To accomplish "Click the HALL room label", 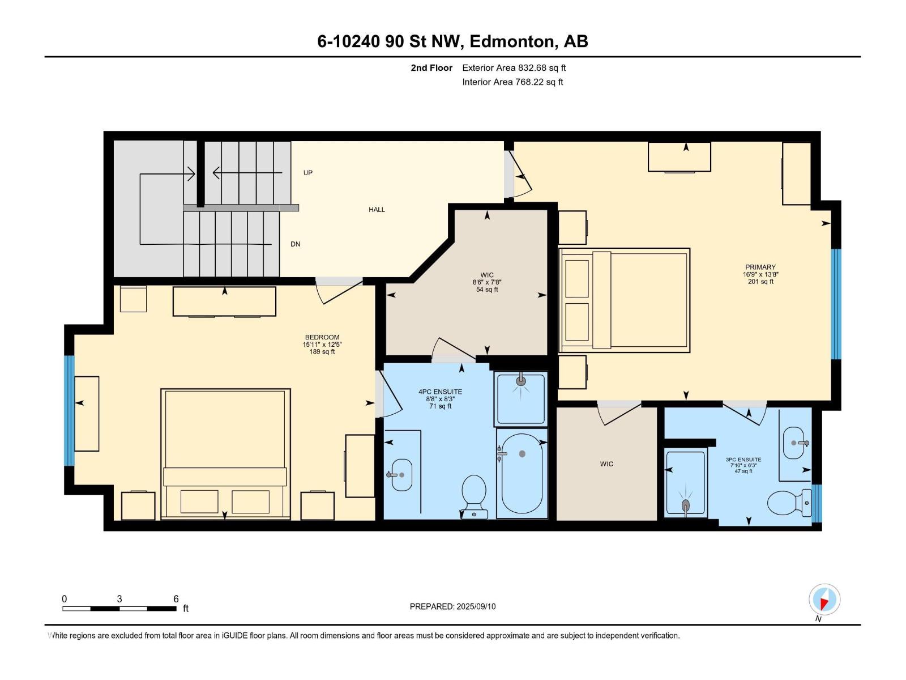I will click(x=377, y=210).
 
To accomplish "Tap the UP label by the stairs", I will click(x=307, y=173).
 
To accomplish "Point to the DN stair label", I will click(x=295, y=244).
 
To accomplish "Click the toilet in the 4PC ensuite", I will click(x=475, y=495).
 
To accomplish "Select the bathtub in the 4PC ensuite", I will click(x=522, y=474).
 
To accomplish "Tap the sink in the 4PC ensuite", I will click(x=401, y=475).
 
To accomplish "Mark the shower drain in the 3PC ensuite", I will click(x=686, y=504).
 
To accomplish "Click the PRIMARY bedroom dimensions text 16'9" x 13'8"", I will click(x=760, y=274).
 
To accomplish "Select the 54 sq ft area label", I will click(x=487, y=290).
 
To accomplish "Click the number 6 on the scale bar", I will click(x=176, y=599).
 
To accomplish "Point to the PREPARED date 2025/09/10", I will click(x=476, y=606).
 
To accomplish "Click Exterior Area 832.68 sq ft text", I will click(x=514, y=68).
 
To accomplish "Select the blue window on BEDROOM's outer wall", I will click(x=69, y=410).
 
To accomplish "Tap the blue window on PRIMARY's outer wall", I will click(x=836, y=304).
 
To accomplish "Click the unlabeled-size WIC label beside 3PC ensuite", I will click(x=606, y=464).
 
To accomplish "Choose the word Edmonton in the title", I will click(x=511, y=41).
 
